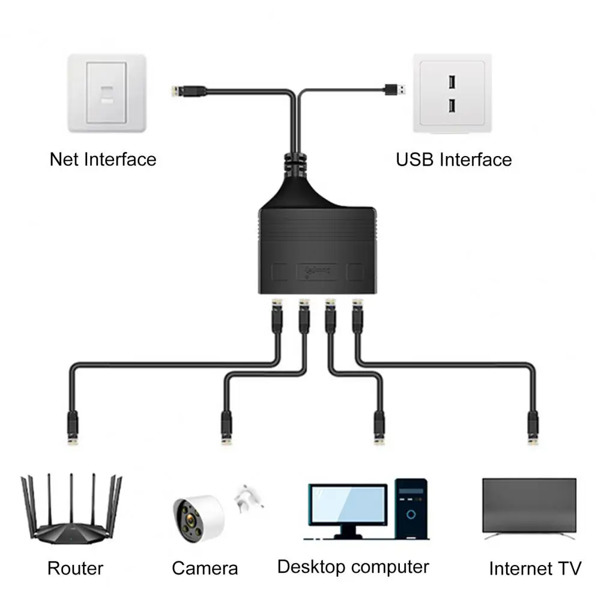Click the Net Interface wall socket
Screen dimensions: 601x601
tap(107, 94)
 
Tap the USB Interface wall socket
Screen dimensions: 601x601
tap(452, 94)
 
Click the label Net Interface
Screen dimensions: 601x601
tap(103, 159)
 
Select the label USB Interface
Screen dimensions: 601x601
tap(453, 159)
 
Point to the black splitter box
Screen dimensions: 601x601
tap(318, 246)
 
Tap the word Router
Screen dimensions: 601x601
tap(76, 568)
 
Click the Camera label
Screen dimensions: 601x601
tap(205, 568)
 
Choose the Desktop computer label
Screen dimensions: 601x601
tap(353, 566)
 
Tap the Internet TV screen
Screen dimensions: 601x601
tap(529, 505)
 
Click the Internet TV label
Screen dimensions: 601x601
tap(535, 568)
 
